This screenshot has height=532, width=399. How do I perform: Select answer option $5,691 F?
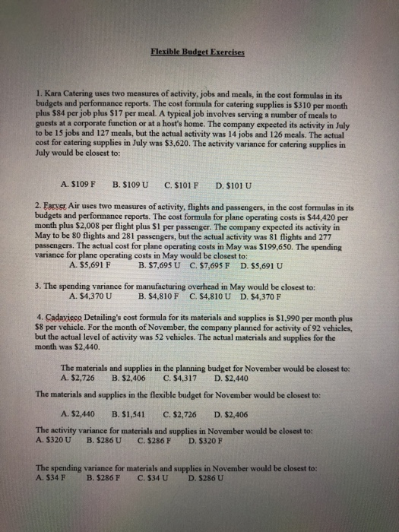[89, 266]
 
